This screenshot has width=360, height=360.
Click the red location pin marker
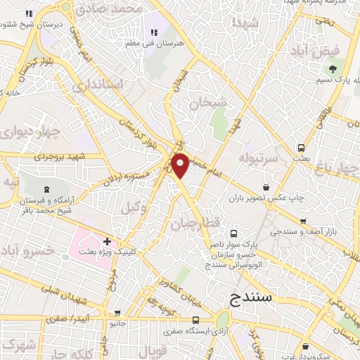coord(181,165)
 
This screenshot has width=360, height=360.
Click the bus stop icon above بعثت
coord(302,148)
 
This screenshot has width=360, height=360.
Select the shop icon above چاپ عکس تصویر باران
coord(266,188)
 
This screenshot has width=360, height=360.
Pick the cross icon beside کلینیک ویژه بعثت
coord(106,242)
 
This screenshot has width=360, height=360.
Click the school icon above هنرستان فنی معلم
coord(153,32)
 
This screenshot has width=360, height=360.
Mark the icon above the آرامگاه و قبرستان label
coord(46,188)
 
